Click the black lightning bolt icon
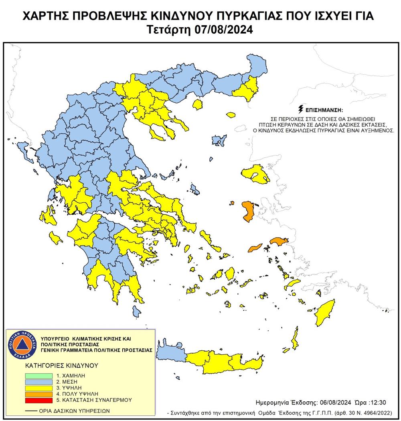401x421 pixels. [300, 109]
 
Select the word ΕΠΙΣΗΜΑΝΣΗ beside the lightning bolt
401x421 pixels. [325, 110]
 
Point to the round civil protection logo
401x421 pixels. [23, 345]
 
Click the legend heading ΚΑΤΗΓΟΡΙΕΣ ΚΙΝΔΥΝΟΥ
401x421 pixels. [56, 366]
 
